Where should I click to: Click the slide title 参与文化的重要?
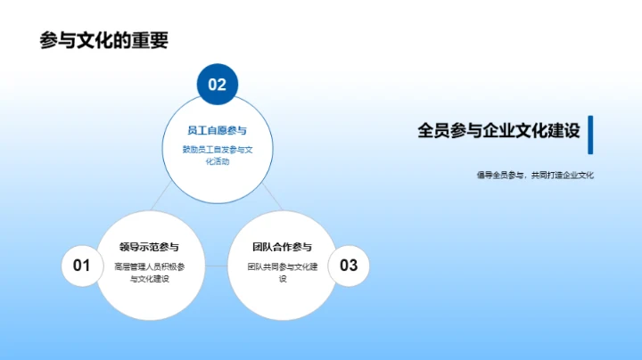104,40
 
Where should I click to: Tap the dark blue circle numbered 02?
218,86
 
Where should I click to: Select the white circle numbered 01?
81,265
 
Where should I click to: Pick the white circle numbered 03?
349,265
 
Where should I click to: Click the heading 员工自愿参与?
218,130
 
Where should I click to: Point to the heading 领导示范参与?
149,247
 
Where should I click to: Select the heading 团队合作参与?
282,247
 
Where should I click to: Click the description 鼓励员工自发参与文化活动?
218,156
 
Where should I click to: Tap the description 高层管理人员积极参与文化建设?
149,273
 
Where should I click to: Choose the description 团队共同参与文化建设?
282,273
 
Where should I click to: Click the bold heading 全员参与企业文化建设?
498,131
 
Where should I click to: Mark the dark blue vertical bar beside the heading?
590,134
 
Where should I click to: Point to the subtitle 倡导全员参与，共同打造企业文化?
535,176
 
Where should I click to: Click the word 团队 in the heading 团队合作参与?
260,247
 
